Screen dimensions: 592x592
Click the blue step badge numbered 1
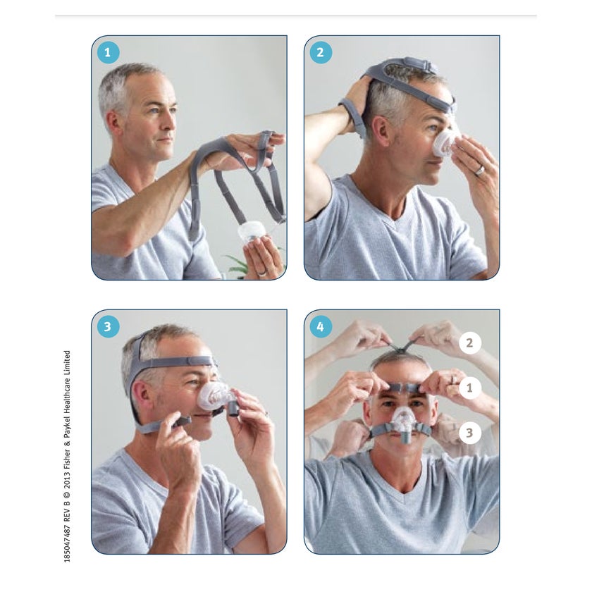tap(108, 52)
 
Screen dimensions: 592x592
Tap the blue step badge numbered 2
tap(321, 52)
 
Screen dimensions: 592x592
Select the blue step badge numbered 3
tap(108, 326)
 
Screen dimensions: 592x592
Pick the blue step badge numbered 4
tap(321, 326)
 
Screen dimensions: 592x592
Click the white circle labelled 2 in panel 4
tap(469, 343)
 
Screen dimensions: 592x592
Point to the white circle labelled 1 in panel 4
tap(469, 388)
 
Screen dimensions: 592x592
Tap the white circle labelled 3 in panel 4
tap(469, 433)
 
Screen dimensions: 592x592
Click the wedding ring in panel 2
tap(479, 170)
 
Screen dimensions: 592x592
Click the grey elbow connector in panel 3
tap(233, 408)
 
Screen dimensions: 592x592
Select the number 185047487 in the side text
tap(67, 544)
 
